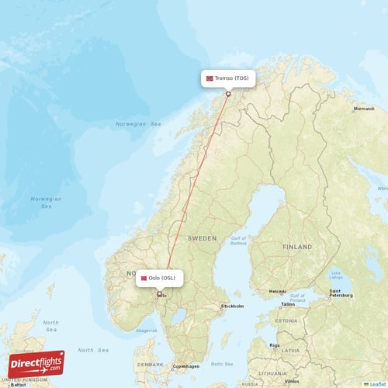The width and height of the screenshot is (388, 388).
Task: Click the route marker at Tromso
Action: (x=227, y=95)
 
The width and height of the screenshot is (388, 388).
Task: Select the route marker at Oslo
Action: (x=160, y=293)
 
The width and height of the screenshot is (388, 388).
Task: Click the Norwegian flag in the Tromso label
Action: (x=210, y=78)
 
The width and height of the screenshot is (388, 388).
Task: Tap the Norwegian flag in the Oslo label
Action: (x=144, y=278)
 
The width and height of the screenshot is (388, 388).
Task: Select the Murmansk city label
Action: (x=363, y=109)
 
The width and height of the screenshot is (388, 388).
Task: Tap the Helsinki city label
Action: (x=277, y=292)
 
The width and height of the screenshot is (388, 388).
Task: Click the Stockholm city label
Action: (x=231, y=306)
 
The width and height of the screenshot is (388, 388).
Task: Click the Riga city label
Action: (x=274, y=345)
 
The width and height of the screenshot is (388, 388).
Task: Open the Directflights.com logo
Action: (x=36, y=363)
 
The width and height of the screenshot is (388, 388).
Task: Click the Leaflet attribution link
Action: (x=376, y=383)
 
